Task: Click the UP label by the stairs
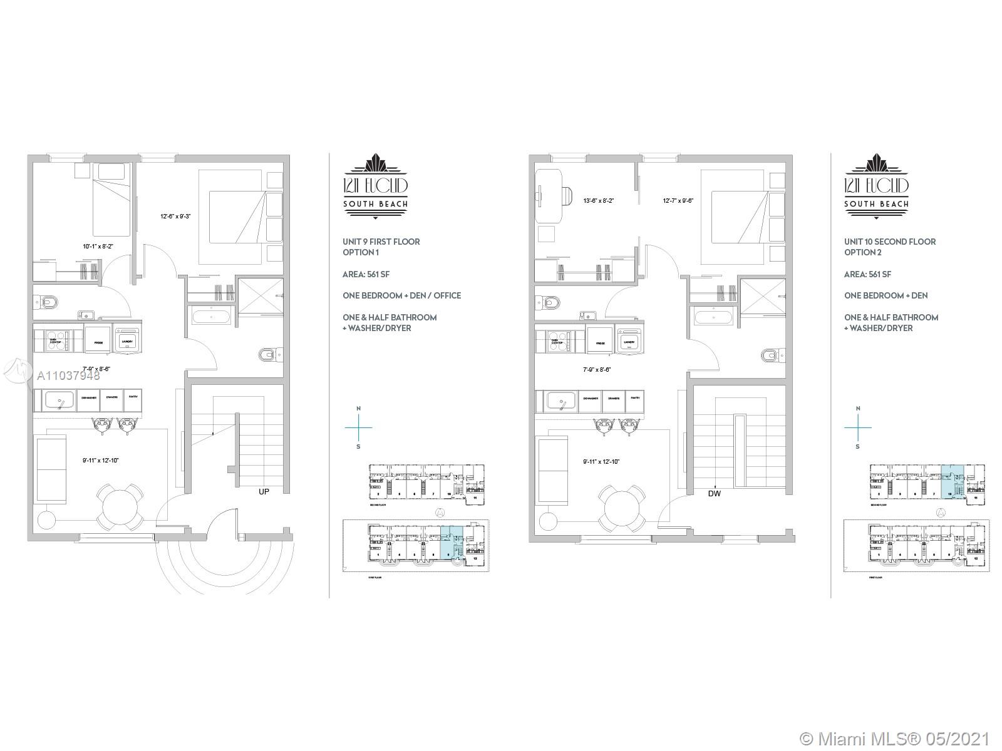[264, 492]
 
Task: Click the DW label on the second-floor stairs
[714, 493]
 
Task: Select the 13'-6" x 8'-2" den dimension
[598, 201]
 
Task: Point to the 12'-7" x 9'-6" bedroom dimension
[678, 201]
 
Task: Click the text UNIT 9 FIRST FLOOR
[381, 242]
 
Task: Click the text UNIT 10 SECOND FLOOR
[889, 242]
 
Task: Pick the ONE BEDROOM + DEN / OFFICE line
[401, 295]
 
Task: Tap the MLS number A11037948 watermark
[68, 376]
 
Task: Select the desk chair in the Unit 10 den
[566, 196]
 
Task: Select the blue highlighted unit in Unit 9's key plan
[452, 542]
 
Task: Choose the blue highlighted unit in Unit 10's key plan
[952, 481]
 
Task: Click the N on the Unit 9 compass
[358, 409]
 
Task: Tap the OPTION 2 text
[862, 252]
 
